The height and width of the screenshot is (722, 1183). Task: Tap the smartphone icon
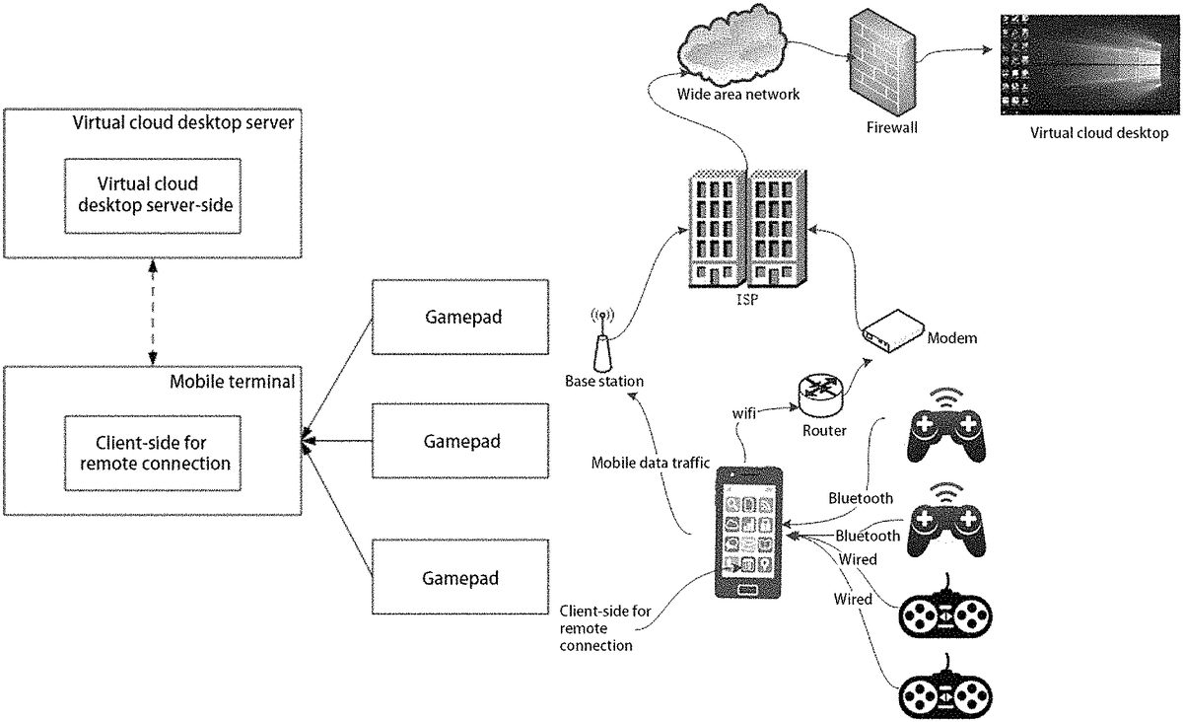tap(747, 534)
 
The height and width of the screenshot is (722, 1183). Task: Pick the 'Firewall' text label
tap(892, 127)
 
